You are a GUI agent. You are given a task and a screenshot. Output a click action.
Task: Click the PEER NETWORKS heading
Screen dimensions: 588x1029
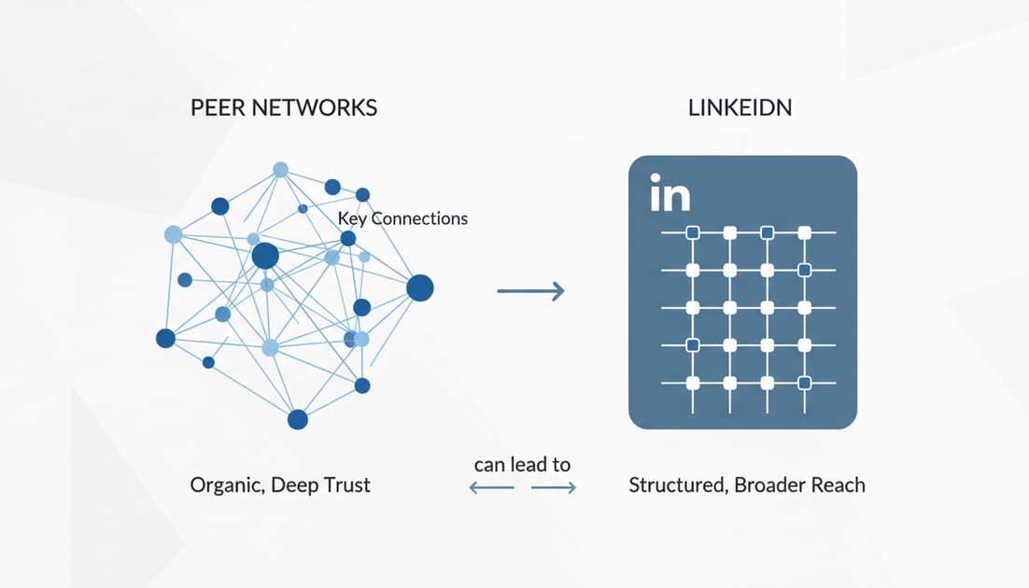pyautogui.click(x=284, y=107)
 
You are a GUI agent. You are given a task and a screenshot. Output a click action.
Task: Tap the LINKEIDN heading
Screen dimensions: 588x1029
pyautogui.click(x=740, y=107)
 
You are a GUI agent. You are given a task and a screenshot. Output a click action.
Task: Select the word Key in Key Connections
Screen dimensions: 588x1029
pyautogui.click(x=353, y=218)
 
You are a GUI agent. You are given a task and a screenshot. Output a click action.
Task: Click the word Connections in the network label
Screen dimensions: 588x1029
pyautogui.click(x=419, y=218)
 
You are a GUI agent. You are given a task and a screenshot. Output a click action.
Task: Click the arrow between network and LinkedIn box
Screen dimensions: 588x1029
pyautogui.click(x=530, y=291)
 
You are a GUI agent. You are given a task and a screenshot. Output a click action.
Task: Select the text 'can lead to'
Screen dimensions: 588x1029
pyautogui.click(x=522, y=464)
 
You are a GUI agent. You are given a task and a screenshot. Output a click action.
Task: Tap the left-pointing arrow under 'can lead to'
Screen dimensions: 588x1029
pyautogui.click(x=491, y=487)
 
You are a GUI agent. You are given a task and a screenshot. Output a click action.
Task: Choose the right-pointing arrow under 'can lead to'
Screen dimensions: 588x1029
pyautogui.click(x=554, y=487)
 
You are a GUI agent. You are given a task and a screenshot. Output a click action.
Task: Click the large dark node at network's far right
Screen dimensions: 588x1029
pyautogui.click(x=420, y=288)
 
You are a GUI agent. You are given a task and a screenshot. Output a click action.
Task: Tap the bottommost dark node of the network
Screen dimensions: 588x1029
pyautogui.click(x=298, y=419)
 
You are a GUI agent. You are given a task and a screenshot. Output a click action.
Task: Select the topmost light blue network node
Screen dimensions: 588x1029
pyautogui.click(x=280, y=169)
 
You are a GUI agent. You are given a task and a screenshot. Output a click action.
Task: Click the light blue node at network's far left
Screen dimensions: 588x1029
pyautogui.click(x=173, y=234)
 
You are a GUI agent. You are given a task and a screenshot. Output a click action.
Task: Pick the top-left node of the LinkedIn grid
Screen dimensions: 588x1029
pyautogui.click(x=693, y=232)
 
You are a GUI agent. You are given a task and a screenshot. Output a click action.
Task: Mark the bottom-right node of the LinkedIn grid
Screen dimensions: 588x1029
pyautogui.click(x=804, y=383)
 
